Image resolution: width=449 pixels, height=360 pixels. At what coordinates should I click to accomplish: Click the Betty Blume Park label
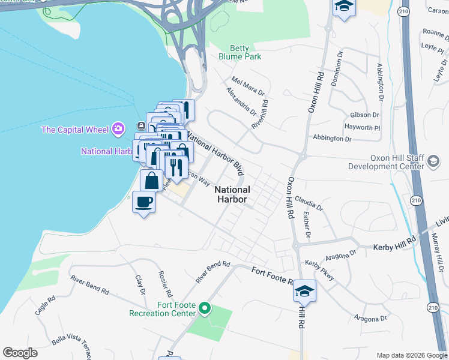point(246,53)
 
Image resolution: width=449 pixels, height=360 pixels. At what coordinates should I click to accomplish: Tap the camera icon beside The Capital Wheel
point(118,128)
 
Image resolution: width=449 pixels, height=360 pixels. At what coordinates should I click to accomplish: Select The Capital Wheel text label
point(75,130)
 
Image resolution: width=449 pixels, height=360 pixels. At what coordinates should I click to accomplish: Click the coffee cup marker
point(143,202)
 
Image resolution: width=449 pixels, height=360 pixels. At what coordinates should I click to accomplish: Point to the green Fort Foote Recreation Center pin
point(205,308)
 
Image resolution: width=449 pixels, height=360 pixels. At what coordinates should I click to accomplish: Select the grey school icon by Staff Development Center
point(433,161)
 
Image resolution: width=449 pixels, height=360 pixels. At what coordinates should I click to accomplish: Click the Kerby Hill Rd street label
point(394,247)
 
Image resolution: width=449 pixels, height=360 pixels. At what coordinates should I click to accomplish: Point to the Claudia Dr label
point(309,203)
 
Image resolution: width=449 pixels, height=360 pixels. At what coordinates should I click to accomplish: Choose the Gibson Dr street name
point(364,115)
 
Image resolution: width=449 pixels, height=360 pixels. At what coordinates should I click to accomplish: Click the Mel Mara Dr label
point(248,85)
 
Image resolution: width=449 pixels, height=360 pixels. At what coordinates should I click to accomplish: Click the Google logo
point(20,353)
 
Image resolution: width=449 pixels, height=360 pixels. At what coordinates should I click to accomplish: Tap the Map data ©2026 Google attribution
point(411,355)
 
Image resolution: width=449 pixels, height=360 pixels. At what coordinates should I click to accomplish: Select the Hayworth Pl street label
point(363,127)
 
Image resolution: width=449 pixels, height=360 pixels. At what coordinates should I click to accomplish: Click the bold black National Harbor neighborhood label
point(232,194)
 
